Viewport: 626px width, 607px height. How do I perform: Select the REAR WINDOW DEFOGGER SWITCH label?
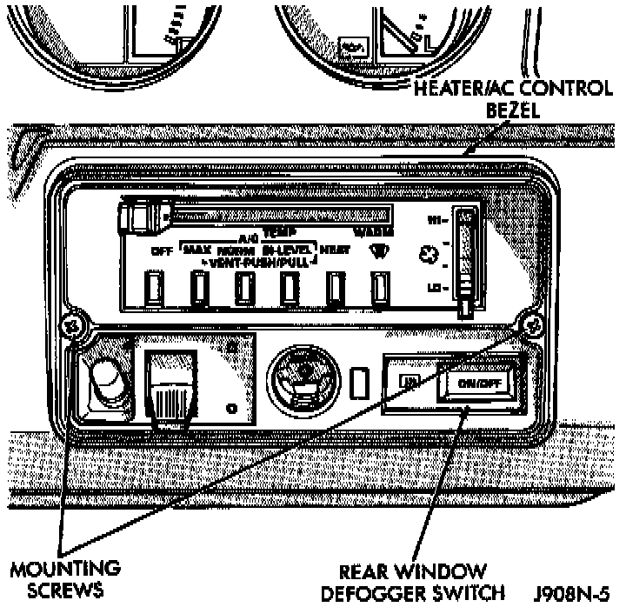click(412, 584)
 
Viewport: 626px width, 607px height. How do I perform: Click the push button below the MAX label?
click(199, 284)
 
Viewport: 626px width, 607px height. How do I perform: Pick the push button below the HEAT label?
click(334, 284)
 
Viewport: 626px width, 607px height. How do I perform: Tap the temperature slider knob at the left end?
click(140, 215)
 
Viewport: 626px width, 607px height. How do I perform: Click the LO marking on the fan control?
click(439, 286)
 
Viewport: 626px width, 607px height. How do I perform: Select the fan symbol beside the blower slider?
click(427, 255)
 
